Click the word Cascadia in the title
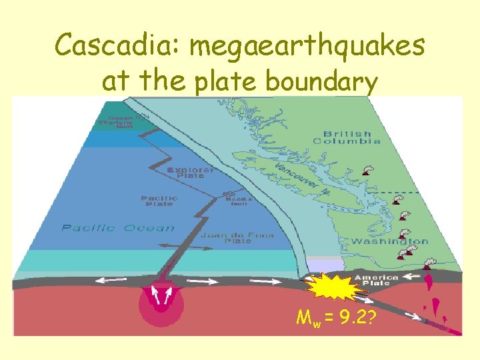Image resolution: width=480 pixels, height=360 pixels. point(117,45)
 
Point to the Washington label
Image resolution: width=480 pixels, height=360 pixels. point(390,241)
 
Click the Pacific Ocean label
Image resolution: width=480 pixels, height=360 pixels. point(119,228)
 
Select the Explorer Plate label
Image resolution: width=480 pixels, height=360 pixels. point(191,173)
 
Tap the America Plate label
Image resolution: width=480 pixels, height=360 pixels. point(377,280)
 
